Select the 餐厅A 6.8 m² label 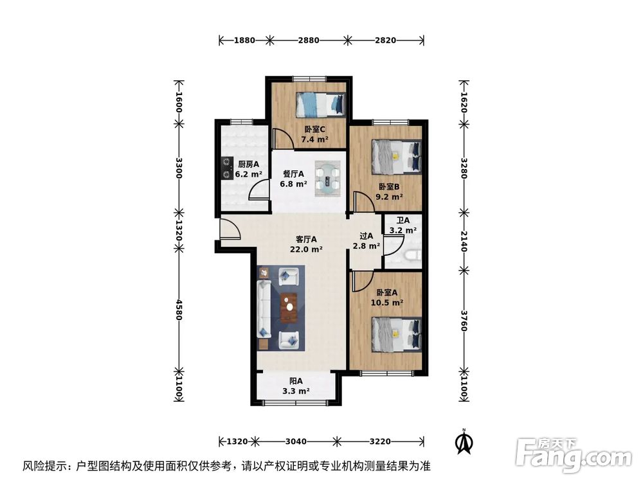(293, 178)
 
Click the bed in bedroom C (320, 103)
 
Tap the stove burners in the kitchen (226, 168)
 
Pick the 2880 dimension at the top (309, 40)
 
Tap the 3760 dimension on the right (463, 321)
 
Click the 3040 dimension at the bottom (296, 441)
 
